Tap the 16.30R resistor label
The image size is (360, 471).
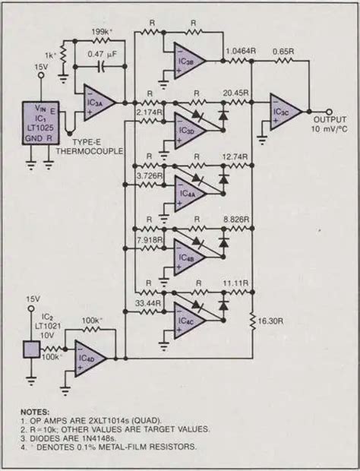pos(276,321)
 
